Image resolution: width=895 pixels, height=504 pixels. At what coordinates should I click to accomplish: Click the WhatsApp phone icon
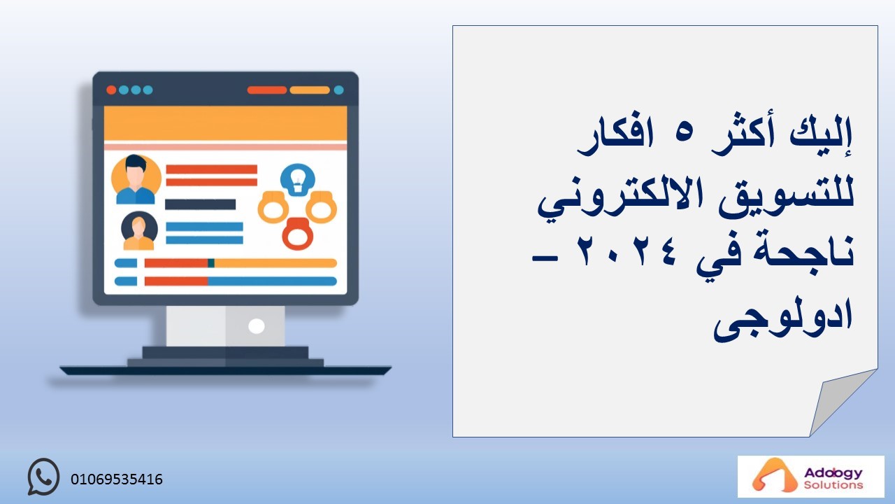click(x=43, y=477)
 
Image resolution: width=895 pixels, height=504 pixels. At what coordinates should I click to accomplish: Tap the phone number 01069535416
click(x=117, y=479)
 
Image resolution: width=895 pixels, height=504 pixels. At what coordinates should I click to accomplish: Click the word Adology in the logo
click(x=833, y=473)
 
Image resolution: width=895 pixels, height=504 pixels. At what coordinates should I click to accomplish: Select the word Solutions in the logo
click(x=833, y=485)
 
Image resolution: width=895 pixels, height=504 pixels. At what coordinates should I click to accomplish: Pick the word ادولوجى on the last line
click(x=783, y=320)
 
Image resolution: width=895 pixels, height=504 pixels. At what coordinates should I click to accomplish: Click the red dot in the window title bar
click(x=111, y=90)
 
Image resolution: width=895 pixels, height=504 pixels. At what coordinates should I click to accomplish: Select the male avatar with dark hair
click(x=136, y=179)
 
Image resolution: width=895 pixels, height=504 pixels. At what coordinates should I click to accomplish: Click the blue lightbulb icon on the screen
click(x=297, y=180)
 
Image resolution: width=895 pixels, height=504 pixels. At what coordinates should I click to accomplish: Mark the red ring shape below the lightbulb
click(x=297, y=234)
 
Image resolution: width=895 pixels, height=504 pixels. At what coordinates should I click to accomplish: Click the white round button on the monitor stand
click(x=256, y=326)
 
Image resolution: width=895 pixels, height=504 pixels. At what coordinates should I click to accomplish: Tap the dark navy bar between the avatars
click(x=200, y=204)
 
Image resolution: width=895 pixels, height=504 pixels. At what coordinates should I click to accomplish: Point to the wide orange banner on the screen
click(x=225, y=124)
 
